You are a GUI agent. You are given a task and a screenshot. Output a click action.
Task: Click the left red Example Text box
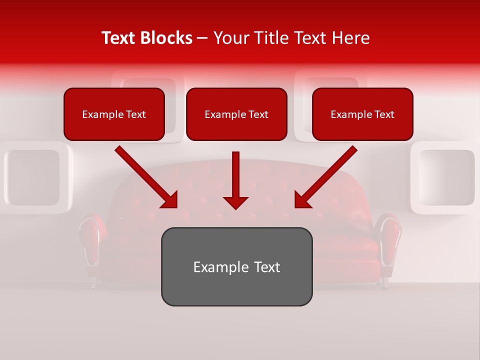tap(114, 114)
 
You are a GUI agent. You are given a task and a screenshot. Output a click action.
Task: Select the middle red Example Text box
tap(236, 114)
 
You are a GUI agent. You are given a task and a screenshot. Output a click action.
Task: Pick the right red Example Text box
tap(362, 114)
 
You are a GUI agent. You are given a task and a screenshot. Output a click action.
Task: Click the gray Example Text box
tap(236, 266)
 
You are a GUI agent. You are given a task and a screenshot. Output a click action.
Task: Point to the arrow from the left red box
tap(146, 177)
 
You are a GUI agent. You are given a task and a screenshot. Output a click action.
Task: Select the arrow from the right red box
tap(326, 177)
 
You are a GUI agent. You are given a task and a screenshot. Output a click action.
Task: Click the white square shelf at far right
tap(445, 178)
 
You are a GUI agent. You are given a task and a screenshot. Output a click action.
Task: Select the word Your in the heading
tap(230, 38)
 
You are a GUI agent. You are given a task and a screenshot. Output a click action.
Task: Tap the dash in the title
tap(202, 38)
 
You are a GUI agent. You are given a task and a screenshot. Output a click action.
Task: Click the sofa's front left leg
tap(93, 282)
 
